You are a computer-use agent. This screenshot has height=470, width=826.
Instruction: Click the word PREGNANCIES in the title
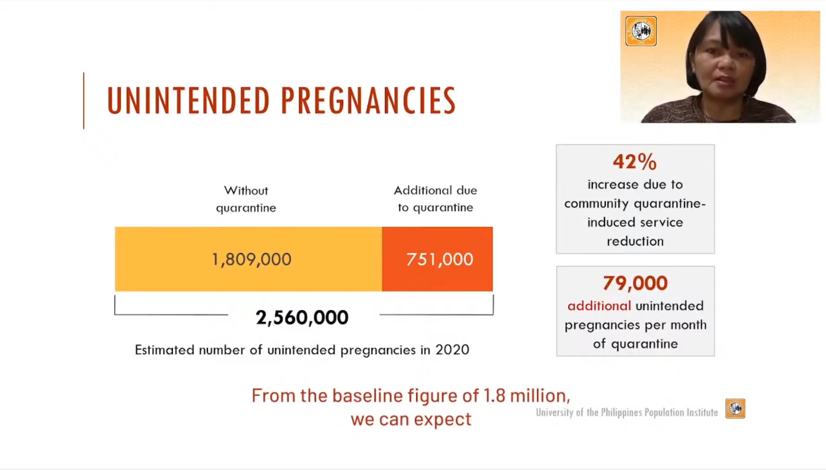coord(368,100)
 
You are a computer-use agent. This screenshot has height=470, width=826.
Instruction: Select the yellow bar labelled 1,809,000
coord(249,259)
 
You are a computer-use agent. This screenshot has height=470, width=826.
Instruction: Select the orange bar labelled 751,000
coord(437,259)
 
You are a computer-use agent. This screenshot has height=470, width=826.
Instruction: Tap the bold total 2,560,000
coord(302,317)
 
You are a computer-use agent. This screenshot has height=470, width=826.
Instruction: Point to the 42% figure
coord(635,161)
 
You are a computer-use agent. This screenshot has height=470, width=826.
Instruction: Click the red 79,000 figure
coord(635,283)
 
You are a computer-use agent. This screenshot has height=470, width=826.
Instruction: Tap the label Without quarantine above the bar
coord(246,199)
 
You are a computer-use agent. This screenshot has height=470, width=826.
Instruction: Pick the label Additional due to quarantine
coord(435,199)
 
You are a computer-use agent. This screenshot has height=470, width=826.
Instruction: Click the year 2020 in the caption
coord(452,349)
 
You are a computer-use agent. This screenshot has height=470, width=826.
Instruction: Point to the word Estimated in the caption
coord(164,349)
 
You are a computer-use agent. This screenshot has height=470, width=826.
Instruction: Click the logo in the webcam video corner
coord(641,31)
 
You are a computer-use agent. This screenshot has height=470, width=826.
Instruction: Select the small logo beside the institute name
coord(735,408)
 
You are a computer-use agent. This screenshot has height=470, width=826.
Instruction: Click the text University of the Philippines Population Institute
coord(627,412)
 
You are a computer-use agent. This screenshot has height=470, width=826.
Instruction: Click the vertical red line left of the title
coord(84,101)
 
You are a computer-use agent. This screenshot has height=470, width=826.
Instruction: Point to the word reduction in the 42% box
coord(635,241)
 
